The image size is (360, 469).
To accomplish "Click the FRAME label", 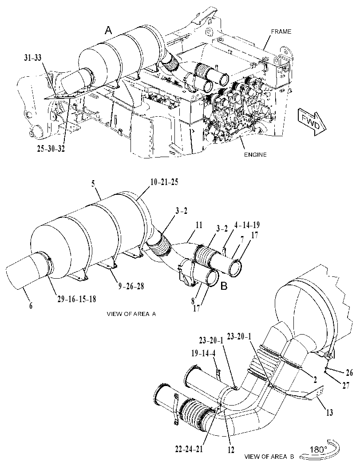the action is (281, 32).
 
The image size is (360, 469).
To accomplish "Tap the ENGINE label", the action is (255, 155).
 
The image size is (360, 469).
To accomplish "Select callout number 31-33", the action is (34, 58).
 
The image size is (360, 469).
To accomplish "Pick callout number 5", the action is (93, 183).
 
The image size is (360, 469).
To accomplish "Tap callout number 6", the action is (31, 305).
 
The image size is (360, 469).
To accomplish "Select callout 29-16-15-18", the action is (77, 299).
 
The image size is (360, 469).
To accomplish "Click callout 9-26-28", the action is (131, 286).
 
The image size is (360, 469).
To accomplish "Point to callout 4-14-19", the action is (247, 225).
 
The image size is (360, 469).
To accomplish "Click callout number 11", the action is (198, 225).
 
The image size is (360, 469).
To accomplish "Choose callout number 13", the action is (329, 413).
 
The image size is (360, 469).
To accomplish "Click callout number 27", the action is (346, 386).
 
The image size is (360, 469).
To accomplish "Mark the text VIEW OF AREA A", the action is (131, 314).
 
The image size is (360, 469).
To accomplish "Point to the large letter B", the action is (224, 286).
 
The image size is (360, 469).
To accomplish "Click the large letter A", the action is (108, 30).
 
